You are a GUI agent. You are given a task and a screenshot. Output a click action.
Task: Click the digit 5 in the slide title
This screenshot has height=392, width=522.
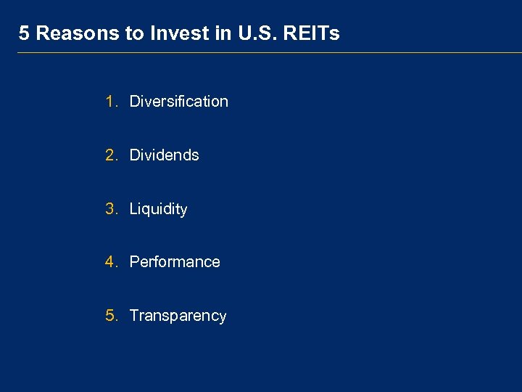click(x=24, y=33)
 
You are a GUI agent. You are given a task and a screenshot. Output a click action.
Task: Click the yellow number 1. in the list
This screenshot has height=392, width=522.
click(x=111, y=102)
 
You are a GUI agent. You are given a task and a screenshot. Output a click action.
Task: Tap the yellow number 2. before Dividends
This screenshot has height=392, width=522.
click(x=111, y=155)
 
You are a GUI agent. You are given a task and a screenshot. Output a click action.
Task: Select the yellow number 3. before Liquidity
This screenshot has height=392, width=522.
click(x=111, y=209)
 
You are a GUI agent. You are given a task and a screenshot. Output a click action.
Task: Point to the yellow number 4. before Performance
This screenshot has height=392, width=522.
click(x=111, y=262)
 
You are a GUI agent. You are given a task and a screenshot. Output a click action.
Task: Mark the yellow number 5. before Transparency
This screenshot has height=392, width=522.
click(x=111, y=316)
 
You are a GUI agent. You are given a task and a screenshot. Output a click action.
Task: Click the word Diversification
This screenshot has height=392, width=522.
click(x=178, y=102)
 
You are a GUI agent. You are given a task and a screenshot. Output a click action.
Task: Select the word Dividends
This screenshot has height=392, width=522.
click(x=164, y=155)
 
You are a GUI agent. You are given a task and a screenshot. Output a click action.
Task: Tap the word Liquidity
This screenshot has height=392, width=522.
click(x=158, y=210)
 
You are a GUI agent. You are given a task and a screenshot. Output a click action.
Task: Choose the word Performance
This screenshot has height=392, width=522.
click(x=175, y=262)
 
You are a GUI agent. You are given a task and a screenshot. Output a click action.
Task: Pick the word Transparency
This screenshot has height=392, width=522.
click(x=178, y=316)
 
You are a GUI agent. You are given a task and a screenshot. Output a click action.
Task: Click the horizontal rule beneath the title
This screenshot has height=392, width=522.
click(x=268, y=53)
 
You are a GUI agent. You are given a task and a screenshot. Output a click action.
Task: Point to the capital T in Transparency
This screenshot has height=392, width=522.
click(x=134, y=316)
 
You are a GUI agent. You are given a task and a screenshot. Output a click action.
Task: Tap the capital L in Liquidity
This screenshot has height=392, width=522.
click(x=133, y=209)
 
